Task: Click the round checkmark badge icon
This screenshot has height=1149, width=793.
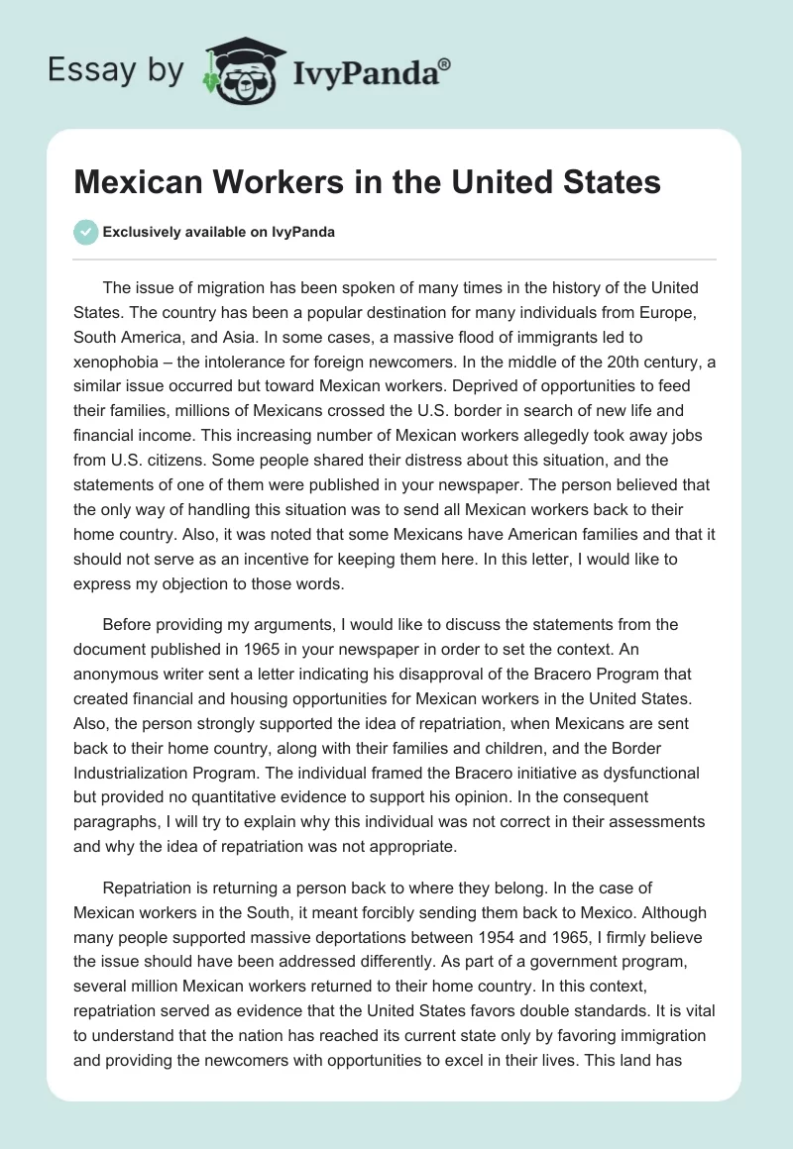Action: pos(86,232)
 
